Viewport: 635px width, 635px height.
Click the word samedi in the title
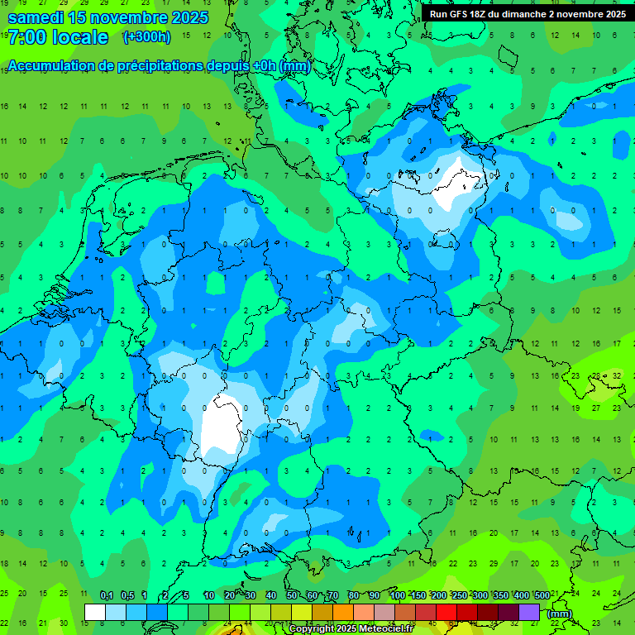tap(36, 17)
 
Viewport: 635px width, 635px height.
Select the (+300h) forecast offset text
tap(146, 36)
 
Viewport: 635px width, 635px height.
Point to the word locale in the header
tap(80, 37)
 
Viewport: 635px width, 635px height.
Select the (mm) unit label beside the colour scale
tap(560, 613)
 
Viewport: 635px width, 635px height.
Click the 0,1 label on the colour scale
tap(107, 596)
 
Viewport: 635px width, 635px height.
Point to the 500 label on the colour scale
tap(542, 596)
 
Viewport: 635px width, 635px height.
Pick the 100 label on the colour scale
tap(398, 596)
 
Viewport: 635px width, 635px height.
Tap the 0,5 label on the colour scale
tap(127, 596)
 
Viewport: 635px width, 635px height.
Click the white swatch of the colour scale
tap(95, 612)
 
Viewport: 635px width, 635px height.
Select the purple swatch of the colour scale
tap(529, 612)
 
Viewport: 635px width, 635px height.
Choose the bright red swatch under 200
tap(446, 612)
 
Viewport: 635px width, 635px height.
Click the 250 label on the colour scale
tap(459, 596)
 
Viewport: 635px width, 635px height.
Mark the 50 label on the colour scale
tap(292, 596)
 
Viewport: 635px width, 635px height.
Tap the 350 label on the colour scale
tap(500, 596)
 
